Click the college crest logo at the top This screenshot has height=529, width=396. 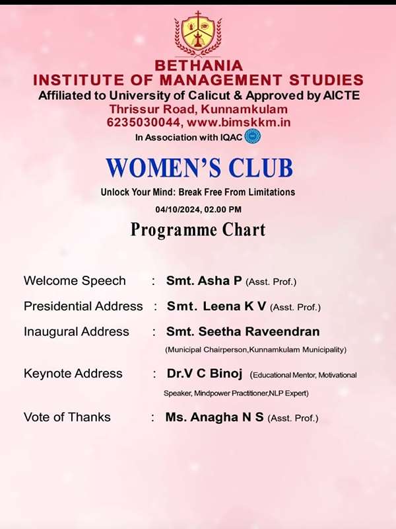pos(197,34)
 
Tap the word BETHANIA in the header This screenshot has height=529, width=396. pos(198,66)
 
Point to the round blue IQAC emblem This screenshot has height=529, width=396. pos(252,137)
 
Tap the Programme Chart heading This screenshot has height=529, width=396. pos(198,230)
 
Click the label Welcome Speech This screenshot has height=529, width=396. pos(75,281)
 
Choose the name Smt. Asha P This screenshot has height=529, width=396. pos(204,281)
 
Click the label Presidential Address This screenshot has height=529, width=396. pos(83,307)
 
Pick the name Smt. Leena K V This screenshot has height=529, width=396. pos(217,307)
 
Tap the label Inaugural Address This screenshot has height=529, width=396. pos(77,332)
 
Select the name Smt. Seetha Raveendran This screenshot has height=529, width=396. pos(243,332)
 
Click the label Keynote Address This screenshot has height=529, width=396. pos(73,374)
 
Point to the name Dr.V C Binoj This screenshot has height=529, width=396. pos(205,374)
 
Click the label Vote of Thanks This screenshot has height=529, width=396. pos(67,417)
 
